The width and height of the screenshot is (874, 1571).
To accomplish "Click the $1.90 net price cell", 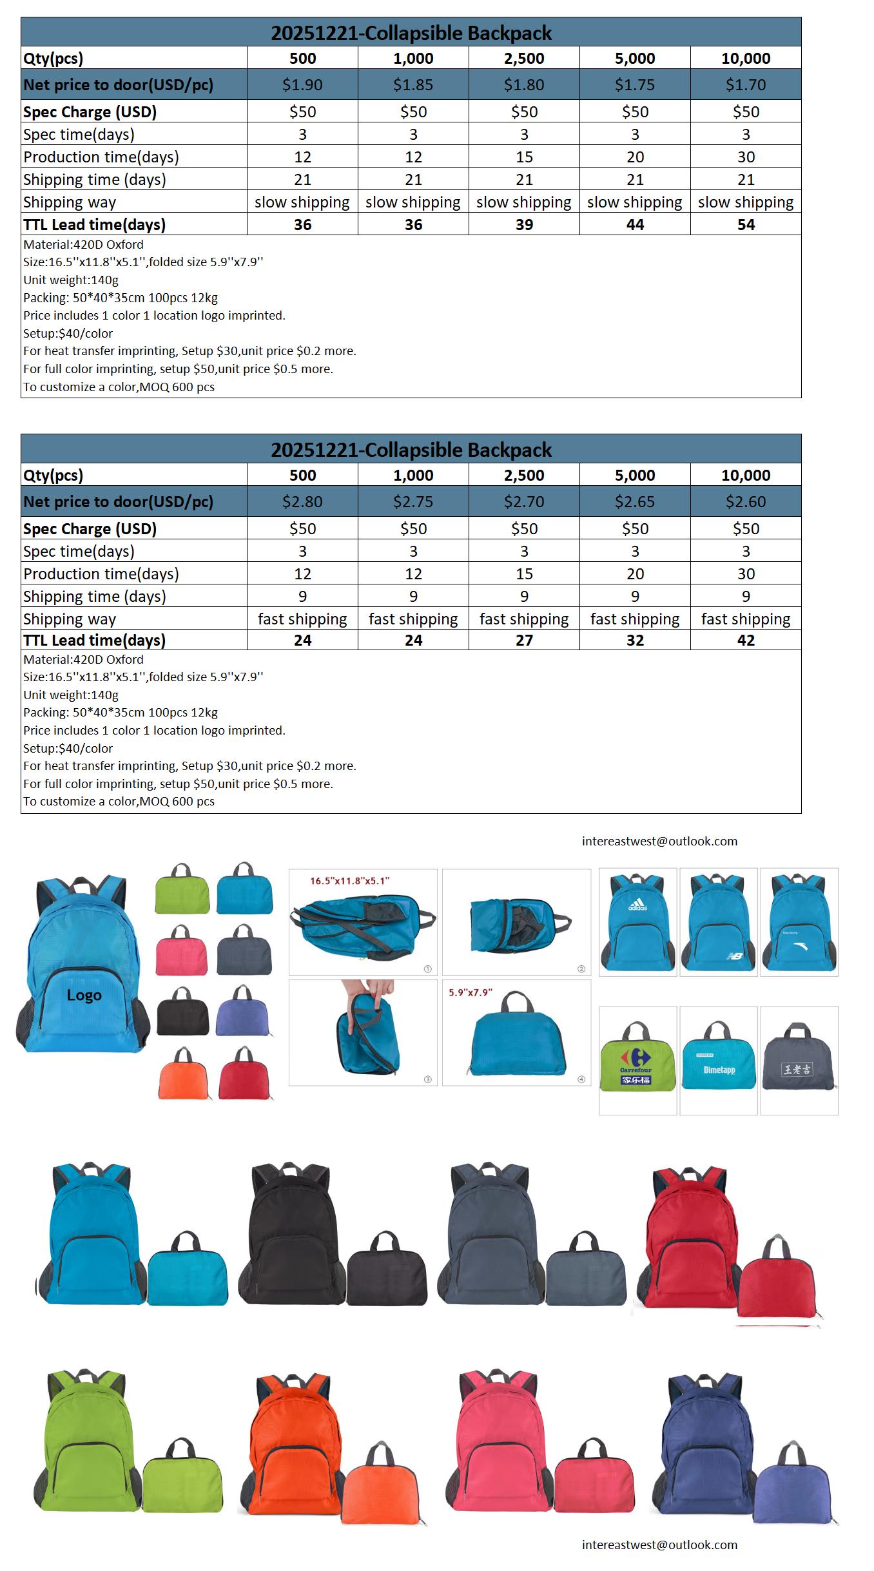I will [302, 84].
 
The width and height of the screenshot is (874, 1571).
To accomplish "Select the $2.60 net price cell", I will [746, 501].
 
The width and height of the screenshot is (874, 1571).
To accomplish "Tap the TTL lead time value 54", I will [746, 225].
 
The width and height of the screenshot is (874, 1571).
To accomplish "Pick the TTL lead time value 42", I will [746, 641].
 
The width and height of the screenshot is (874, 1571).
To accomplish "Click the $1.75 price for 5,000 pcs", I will [635, 84].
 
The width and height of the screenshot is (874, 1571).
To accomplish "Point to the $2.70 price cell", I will [524, 501].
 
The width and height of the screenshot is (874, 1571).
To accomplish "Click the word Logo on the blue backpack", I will [84, 995].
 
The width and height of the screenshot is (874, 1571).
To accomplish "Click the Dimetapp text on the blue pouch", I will [719, 1070].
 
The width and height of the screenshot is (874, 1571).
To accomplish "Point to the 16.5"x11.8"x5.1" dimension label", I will [350, 881].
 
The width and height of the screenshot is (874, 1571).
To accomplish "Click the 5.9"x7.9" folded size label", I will [471, 992].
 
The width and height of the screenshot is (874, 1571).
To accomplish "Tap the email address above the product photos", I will [659, 841].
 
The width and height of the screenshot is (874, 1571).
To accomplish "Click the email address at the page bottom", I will [659, 1545].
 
